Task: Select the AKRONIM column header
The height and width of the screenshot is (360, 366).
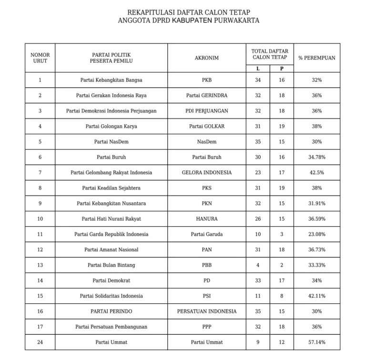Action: tap(206, 58)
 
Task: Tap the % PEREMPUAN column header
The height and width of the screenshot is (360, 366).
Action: tap(316, 58)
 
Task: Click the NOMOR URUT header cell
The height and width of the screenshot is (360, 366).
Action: tap(40, 58)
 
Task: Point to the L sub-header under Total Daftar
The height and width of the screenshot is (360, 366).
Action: tap(258, 69)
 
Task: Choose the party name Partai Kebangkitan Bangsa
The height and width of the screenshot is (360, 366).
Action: tap(111, 80)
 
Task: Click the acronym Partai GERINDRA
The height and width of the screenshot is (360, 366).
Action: tap(206, 95)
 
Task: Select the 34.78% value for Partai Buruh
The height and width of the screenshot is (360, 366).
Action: tap(316, 157)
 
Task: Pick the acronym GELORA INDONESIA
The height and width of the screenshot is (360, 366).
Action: tap(206, 172)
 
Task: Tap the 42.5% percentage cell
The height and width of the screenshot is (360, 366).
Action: tap(316, 172)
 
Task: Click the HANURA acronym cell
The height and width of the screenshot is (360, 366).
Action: tap(206, 219)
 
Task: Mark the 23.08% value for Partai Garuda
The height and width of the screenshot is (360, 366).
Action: tap(316, 234)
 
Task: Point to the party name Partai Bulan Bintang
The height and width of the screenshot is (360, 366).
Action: tap(111, 265)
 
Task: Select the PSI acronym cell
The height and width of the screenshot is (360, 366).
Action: tap(206, 296)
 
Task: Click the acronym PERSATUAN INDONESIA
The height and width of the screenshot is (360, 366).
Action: tap(206, 311)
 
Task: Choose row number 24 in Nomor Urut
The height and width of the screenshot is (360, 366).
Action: tap(40, 342)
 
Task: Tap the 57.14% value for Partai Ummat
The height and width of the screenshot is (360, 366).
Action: tap(316, 342)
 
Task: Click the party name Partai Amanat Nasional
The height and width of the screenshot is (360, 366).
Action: tap(111, 250)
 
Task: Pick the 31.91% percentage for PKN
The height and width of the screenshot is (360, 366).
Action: tap(316, 203)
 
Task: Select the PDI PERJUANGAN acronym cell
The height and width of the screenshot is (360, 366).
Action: tap(206, 111)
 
